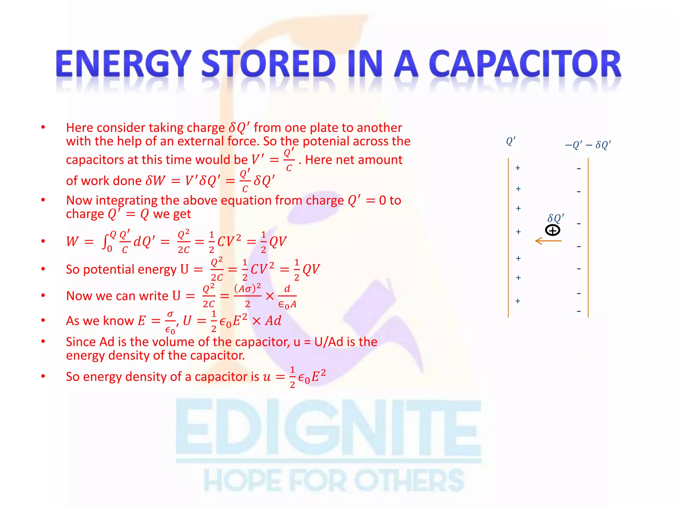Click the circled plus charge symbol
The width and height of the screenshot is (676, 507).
pyautogui.click(x=553, y=230)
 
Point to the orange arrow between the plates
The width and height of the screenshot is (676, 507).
pyautogui.click(x=548, y=241)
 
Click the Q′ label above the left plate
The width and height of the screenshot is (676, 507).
pyautogui.click(x=511, y=141)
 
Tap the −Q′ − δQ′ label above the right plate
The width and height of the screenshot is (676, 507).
pyautogui.click(x=588, y=145)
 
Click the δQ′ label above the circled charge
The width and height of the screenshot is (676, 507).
pyautogui.click(x=556, y=218)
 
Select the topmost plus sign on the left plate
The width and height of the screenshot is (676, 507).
pyautogui.click(x=518, y=168)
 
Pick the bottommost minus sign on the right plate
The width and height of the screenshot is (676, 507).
pyautogui.click(x=579, y=311)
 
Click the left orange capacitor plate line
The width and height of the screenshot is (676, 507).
pyautogui.click(x=508, y=238)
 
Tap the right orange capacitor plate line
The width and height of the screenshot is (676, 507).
pyautogui.click(x=588, y=238)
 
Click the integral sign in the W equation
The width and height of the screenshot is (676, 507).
pyautogui.click(x=105, y=241)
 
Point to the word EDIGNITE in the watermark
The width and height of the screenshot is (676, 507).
pyautogui.click(x=328, y=427)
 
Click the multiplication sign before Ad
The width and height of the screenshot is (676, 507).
pyautogui.click(x=256, y=321)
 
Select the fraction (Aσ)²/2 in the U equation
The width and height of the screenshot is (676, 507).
pyautogui.click(x=248, y=296)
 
